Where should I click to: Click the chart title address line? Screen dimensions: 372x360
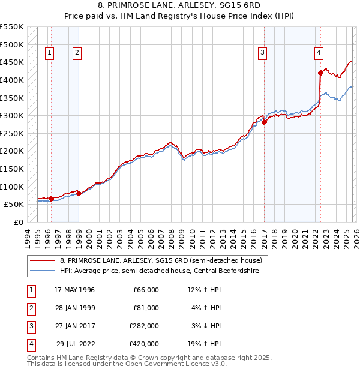pyautogui.click(x=179, y=7)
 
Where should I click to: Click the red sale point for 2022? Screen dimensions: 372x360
pyautogui.click(x=320, y=73)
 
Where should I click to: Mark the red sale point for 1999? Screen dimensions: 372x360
pyautogui.click(x=79, y=193)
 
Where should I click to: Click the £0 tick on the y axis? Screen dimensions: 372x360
pyautogui.click(x=19, y=222)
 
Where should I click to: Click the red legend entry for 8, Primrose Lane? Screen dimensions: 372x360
pyautogui.click(x=161, y=261)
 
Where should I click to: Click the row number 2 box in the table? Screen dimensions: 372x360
pyautogui.click(x=30, y=308)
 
